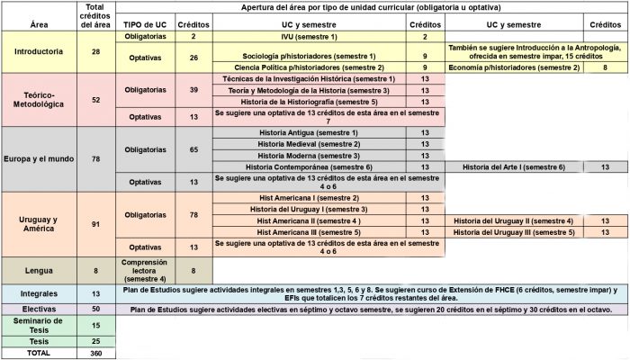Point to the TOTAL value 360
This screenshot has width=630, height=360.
click(95, 354)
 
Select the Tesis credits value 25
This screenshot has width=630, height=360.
click(95, 341)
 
